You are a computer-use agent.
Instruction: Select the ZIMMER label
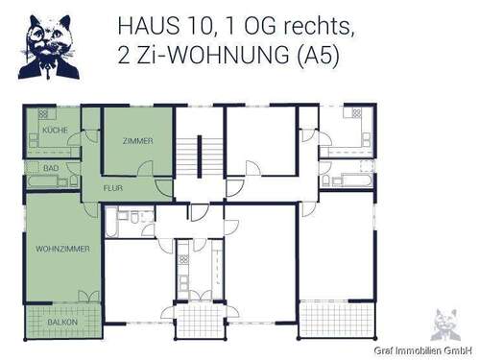click(137, 141)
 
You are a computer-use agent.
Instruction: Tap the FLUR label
click(112, 188)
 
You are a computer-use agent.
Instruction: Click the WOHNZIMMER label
click(62, 249)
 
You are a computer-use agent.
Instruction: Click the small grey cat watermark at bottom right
click(443, 324)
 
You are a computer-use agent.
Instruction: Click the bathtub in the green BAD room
click(44, 179)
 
